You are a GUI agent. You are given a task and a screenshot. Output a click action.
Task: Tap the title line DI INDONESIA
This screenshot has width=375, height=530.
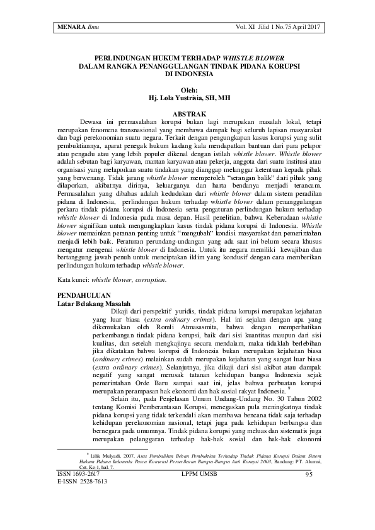188,72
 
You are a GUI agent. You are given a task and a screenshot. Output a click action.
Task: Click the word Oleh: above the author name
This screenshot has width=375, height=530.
187,90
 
